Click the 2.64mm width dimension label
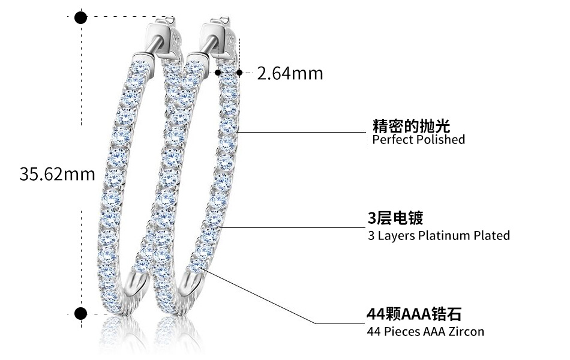(x=290, y=73)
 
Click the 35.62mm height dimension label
(x=58, y=174)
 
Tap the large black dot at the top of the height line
(x=80, y=17)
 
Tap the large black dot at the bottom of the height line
(x=80, y=313)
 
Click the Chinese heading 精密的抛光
(x=411, y=126)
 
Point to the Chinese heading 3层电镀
(x=395, y=217)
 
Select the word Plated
(x=491, y=235)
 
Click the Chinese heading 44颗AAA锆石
(x=414, y=314)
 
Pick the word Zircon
(x=466, y=332)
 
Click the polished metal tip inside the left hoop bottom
(x=140, y=280)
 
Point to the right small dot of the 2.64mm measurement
(x=239, y=73)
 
